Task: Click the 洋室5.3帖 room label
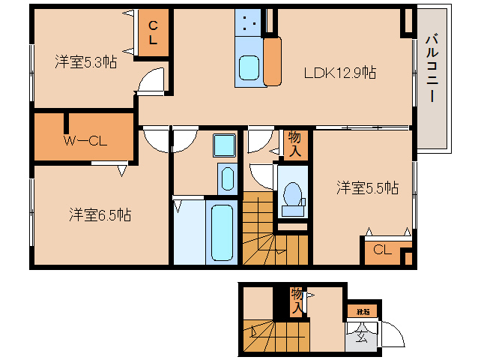point(85,62)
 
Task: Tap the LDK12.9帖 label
point(339,73)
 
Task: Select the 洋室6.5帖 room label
point(100,215)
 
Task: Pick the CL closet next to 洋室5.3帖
point(152,34)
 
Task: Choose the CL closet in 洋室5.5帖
point(381,250)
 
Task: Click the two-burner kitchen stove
point(249,25)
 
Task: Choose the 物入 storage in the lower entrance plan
point(297,300)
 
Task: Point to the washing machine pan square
point(223,144)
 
